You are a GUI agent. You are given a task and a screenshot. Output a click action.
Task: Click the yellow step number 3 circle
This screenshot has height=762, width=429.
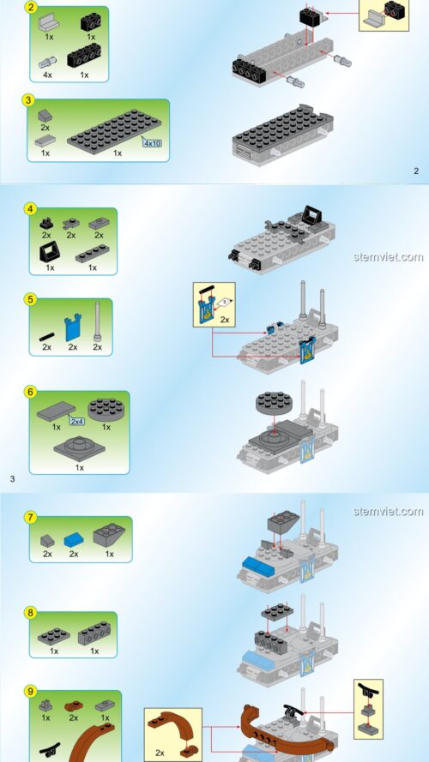point(29,99)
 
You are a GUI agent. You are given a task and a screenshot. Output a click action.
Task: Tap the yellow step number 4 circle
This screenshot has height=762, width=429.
point(30,208)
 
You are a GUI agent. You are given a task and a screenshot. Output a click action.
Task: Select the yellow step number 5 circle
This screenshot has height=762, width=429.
point(30,299)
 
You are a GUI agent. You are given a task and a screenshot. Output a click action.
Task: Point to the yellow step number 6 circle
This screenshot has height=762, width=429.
point(30,392)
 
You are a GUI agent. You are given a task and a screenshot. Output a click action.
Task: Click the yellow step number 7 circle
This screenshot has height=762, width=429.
point(30,517)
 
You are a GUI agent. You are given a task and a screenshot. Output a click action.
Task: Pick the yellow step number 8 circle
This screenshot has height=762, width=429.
point(30,613)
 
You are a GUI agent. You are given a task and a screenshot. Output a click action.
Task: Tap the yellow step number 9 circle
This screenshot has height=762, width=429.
point(30,691)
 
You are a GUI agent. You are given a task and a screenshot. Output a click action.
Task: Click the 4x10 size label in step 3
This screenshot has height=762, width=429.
point(152,143)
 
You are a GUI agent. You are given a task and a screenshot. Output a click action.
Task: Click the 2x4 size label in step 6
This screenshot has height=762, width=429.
point(77,422)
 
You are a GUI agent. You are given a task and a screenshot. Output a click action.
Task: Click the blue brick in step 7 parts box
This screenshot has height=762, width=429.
point(75,538)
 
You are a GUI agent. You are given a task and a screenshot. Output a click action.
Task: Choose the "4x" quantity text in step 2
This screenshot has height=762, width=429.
point(48,75)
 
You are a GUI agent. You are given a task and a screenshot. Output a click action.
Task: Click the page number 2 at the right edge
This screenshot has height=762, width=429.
point(415,171)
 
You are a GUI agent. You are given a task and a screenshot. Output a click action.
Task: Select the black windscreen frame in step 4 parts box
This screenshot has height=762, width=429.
point(50,251)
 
